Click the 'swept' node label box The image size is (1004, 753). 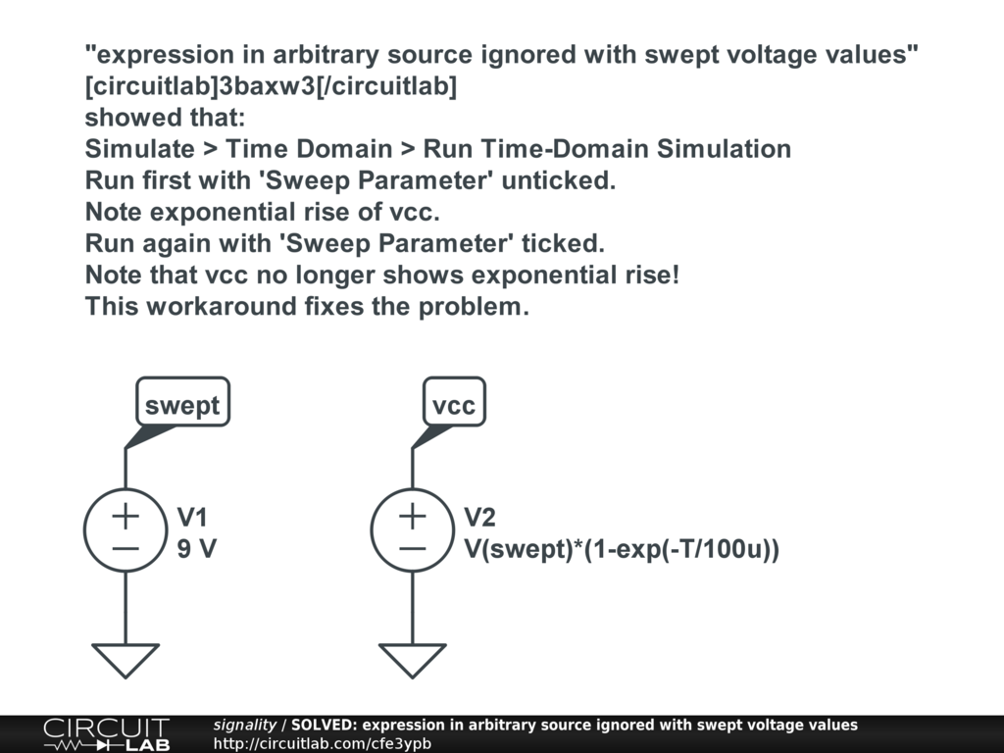182,403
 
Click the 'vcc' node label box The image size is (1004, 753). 454,403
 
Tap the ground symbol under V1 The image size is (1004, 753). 125,659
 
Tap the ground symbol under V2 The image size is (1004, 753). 413,659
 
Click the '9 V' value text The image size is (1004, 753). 196,549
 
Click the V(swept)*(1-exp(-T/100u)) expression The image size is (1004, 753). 622,549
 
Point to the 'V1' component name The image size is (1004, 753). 192,518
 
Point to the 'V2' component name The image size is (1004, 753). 479,518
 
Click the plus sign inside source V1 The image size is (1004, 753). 125,515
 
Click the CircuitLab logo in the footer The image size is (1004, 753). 106,733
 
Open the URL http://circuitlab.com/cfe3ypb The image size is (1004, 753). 323,743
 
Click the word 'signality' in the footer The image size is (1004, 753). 245,725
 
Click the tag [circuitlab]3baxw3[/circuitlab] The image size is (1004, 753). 271,86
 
